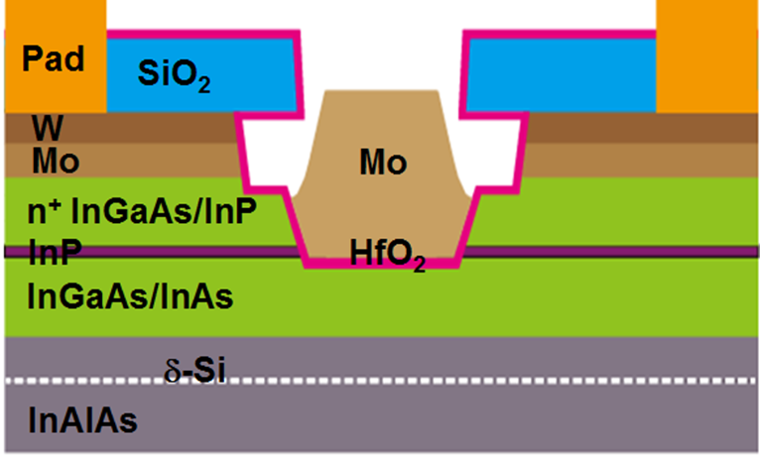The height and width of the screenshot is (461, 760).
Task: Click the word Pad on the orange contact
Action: pyautogui.click(x=54, y=59)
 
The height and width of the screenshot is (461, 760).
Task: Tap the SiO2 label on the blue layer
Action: pyautogui.click(x=174, y=74)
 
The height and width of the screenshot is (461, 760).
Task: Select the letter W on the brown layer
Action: pyautogui.click(x=47, y=127)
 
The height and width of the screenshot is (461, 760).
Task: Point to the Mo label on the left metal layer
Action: pyautogui.click(x=56, y=161)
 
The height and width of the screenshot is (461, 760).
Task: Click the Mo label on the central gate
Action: pyautogui.click(x=383, y=162)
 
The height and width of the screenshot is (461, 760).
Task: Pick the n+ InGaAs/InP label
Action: pyautogui.click(x=142, y=211)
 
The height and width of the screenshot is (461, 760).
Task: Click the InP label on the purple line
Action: pyautogui.click(x=55, y=252)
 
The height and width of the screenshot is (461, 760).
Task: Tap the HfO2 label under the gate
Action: pyautogui.click(x=387, y=255)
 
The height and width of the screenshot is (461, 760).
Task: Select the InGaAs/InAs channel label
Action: pyautogui.click(x=130, y=295)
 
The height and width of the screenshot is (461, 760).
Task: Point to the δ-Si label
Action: pyautogui.click(x=194, y=371)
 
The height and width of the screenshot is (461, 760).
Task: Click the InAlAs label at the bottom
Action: pyautogui.click(x=83, y=419)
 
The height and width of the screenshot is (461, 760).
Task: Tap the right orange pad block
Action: pyautogui.click(x=706, y=57)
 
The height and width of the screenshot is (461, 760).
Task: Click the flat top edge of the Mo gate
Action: pyautogui.click(x=382, y=90)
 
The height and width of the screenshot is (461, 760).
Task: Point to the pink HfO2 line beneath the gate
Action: pyautogui.click(x=381, y=263)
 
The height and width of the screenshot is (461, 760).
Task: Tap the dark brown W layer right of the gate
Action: pyautogui.click(x=642, y=128)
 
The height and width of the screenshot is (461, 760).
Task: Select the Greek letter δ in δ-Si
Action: pyautogui.click(x=172, y=372)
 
